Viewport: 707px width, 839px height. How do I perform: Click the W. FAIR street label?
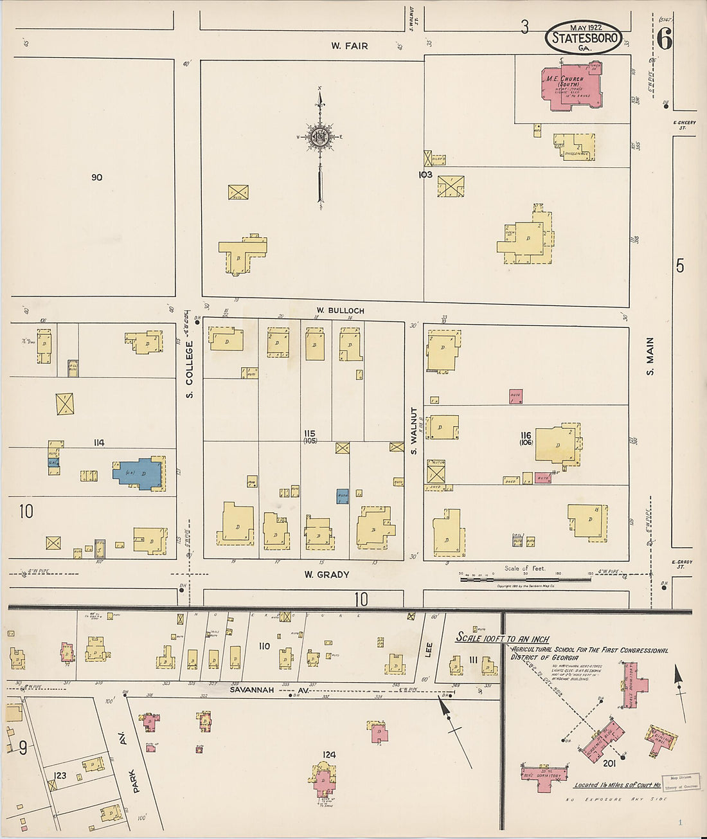tap(350, 46)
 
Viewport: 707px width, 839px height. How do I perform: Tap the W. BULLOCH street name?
tap(340, 311)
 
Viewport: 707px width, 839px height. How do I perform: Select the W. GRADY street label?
tap(327, 574)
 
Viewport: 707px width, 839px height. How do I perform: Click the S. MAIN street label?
tap(650, 356)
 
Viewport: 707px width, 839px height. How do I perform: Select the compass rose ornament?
tap(319, 137)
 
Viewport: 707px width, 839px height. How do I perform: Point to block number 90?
tap(96, 177)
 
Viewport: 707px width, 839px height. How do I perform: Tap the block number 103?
tap(425, 174)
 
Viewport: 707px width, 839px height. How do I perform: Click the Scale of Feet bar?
tap(526, 579)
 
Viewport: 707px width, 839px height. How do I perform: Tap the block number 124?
tap(330, 755)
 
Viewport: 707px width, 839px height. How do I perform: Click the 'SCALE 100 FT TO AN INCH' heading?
tap(503, 639)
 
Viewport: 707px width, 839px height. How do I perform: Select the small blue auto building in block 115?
tap(343, 496)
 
